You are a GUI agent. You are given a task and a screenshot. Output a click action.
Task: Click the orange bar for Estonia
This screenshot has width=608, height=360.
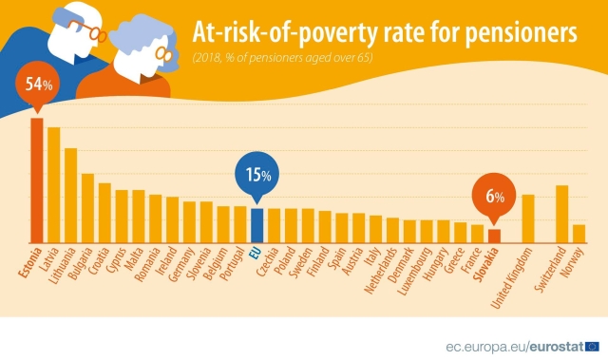[37, 180]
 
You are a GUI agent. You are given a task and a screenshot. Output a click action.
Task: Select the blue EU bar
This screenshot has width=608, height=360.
[256, 225]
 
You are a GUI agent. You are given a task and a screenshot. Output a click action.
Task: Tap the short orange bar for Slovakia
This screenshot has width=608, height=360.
[494, 236]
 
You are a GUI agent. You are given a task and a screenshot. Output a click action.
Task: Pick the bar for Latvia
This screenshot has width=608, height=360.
[54, 185]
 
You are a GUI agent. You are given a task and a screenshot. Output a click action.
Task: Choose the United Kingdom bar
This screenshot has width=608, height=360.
[528, 218]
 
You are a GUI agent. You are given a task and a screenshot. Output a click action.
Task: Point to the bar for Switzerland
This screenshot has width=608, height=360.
[561, 214]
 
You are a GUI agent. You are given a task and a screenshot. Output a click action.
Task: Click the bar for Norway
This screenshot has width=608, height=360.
[579, 234]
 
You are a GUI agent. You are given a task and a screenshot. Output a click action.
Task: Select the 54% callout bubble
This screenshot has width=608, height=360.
[37, 85]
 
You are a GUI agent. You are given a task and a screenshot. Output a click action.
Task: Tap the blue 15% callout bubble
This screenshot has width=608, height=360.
[256, 175]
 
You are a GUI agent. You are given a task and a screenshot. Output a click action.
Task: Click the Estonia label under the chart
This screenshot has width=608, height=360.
[28, 265]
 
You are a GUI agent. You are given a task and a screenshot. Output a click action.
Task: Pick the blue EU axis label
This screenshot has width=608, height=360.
[254, 253]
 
